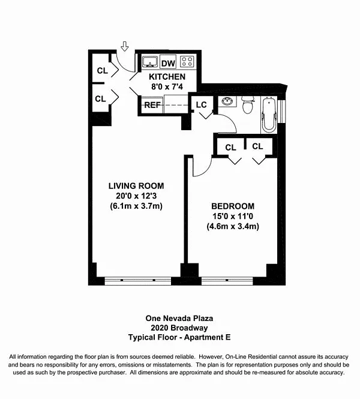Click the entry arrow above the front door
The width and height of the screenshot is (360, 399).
(124, 46)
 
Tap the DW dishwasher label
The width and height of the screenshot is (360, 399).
(168, 63)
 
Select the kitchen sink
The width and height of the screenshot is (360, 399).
(149, 62)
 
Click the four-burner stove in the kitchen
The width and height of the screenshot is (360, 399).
(187, 61)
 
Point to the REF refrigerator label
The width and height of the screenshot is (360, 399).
(152, 105)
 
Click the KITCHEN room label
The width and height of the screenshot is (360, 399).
(167, 77)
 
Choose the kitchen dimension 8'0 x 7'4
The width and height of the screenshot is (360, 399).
(167, 87)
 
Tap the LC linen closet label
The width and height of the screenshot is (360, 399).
(201, 104)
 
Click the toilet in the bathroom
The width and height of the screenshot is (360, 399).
(248, 104)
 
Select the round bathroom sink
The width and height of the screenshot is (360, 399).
(227, 101)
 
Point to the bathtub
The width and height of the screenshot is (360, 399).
(269, 115)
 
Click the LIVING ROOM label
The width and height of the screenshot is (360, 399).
(136, 186)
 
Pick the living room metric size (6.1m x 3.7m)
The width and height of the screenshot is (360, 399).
(136, 206)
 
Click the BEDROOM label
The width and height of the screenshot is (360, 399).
(233, 206)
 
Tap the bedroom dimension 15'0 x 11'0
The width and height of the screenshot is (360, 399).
(233, 216)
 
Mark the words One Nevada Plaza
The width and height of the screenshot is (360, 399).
(179, 319)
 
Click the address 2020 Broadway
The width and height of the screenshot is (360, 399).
(179, 328)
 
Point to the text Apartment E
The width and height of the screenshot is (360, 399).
(207, 337)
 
